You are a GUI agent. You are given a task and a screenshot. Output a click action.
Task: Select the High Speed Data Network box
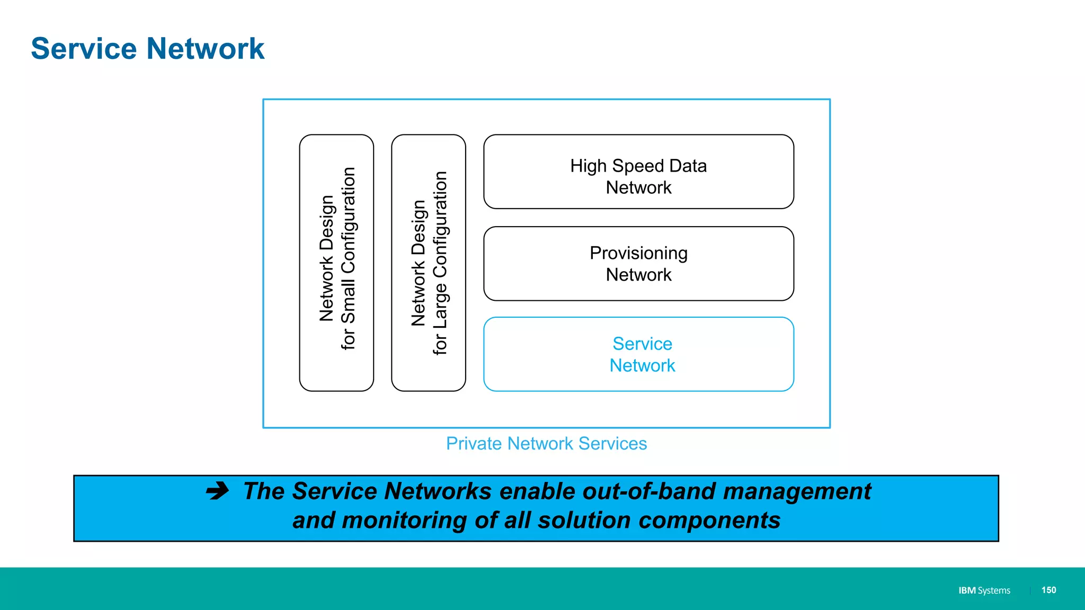pyautogui.click(x=638, y=172)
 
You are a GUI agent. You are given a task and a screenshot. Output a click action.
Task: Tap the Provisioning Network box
pyautogui.click(x=638, y=264)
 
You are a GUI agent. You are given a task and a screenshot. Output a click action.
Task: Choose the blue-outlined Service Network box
pyautogui.click(x=638, y=354)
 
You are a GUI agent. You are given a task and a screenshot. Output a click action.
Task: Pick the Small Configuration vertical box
pyautogui.click(x=336, y=263)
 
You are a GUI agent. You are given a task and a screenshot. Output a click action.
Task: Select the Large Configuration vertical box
pyautogui.click(x=429, y=263)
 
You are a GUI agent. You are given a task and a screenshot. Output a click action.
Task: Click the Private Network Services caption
pyautogui.click(x=546, y=444)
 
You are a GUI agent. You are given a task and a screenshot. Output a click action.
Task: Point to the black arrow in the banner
pyautogui.click(x=218, y=491)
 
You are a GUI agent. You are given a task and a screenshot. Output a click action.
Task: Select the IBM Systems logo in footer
pyautogui.click(x=984, y=590)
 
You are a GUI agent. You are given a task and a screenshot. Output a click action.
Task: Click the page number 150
pyautogui.click(x=1048, y=590)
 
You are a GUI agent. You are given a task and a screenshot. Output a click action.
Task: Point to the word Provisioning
pyautogui.click(x=638, y=253)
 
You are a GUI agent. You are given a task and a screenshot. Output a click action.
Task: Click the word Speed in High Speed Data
pyautogui.click(x=638, y=166)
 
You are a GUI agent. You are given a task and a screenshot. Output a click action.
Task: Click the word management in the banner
pyautogui.click(x=797, y=491)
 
